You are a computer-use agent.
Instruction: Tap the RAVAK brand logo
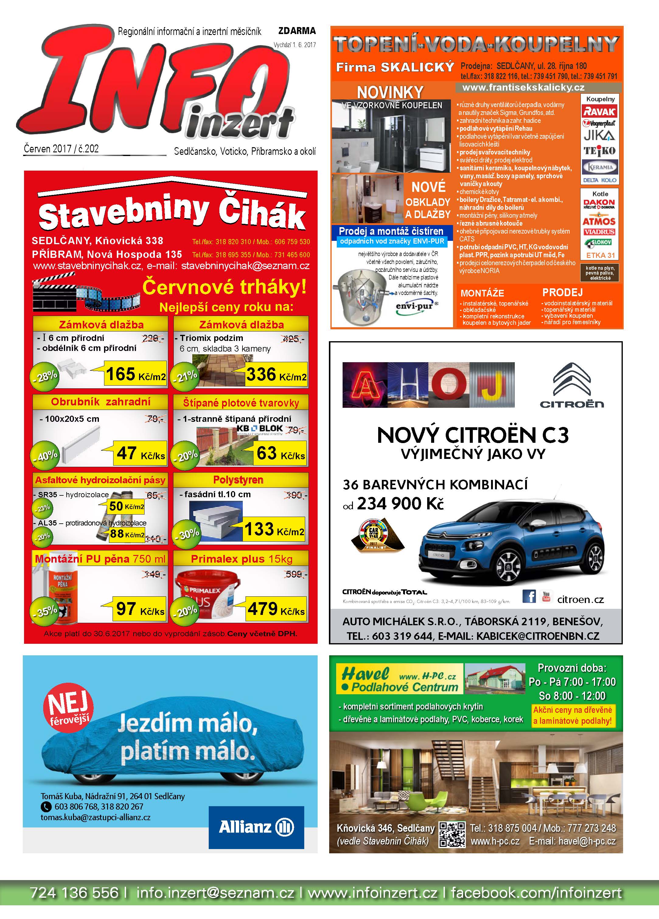[x=599, y=111]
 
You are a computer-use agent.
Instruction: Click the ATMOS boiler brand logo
[x=599, y=221]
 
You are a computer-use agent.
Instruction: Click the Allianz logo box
[x=256, y=827]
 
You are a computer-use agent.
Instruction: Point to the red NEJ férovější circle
[x=68, y=707]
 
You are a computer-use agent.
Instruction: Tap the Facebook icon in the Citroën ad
[x=529, y=596]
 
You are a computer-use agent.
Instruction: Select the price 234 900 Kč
[x=400, y=504]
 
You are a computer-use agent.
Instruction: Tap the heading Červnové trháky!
[x=224, y=287]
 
